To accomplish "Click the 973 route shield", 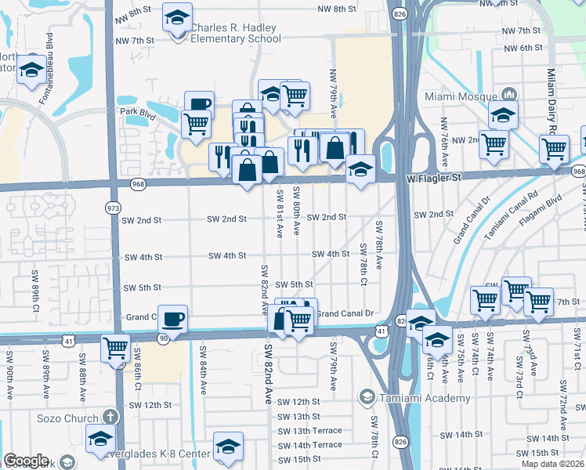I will coord(114,207).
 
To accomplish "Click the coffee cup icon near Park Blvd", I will coord(199,104).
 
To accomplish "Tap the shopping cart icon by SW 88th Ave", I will coord(116,346).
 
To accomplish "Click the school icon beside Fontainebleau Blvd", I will coord(32,69).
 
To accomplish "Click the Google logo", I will coord(26,461).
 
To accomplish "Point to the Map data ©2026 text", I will coord(553,464).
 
